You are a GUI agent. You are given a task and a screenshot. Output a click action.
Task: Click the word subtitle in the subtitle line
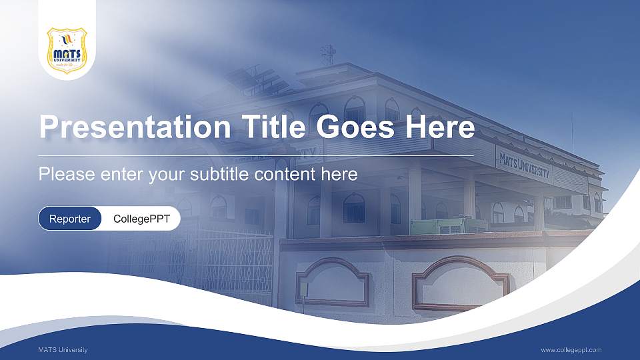pyautogui.click(x=217, y=175)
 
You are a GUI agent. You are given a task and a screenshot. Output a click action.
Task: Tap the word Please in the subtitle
pyautogui.click(x=63, y=175)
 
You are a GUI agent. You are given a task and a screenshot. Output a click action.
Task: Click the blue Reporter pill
pyautogui.click(x=70, y=219)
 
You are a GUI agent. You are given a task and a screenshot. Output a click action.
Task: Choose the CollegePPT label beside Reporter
pyautogui.click(x=141, y=219)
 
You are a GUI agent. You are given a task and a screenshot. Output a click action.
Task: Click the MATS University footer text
pyautogui.click(x=63, y=350)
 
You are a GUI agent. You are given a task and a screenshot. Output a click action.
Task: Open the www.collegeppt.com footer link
pyautogui.click(x=571, y=350)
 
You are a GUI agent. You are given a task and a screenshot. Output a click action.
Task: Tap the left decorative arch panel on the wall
pyautogui.click(x=332, y=283)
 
